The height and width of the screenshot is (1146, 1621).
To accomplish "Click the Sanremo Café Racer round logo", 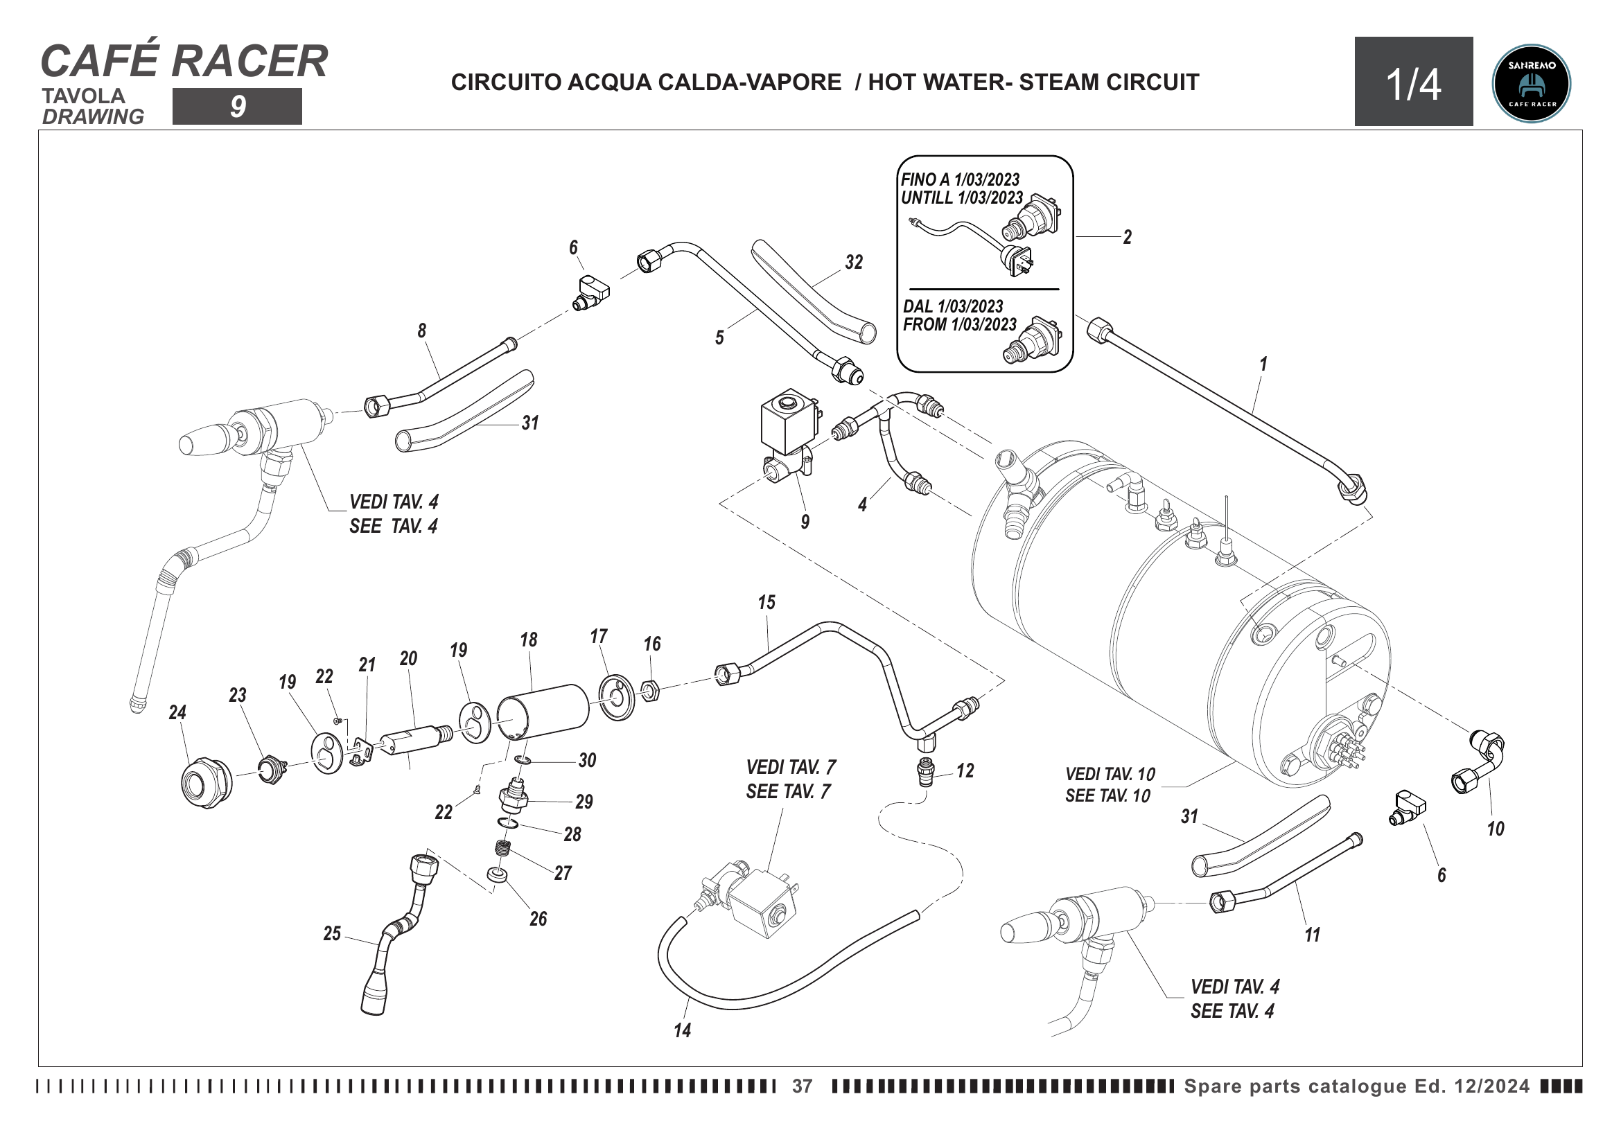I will click(x=1531, y=84).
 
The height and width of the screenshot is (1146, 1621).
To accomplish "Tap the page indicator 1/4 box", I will click(x=1413, y=82).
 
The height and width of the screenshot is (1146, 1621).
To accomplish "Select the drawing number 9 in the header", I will click(x=237, y=107).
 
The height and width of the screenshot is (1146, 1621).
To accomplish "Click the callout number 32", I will click(x=854, y=263).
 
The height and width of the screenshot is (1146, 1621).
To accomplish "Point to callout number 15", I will click(x=766, y=603).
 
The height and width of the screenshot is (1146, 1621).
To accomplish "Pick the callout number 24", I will click(x=177, y=713).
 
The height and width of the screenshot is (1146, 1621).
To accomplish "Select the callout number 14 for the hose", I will click(x=682, y=1031).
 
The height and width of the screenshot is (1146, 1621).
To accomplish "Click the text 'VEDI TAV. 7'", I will click(x=791, y=767).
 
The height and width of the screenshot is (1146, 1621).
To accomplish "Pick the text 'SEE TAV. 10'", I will click(x=1107, y=796).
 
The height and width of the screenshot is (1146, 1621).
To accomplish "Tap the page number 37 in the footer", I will click(x=802, y=1086).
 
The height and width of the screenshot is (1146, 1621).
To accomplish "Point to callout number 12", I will click(x=965, y=771).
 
